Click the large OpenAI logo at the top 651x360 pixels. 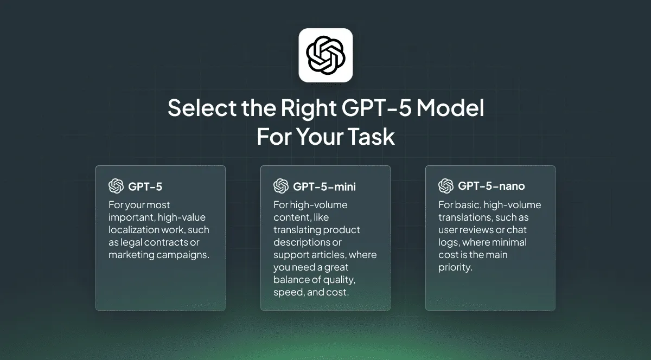pos(325,55)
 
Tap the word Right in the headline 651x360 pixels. pos(308,108)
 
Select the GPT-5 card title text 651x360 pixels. pos(145,187)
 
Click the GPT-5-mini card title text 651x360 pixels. pos(324,187)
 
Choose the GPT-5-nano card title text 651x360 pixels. pos(492,187)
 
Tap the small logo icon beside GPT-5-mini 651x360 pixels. pos(280,186)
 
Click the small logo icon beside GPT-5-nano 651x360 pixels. pos(445,186)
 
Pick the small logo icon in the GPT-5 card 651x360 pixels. pos(116,186)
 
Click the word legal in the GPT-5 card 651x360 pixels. pos(132,242)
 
